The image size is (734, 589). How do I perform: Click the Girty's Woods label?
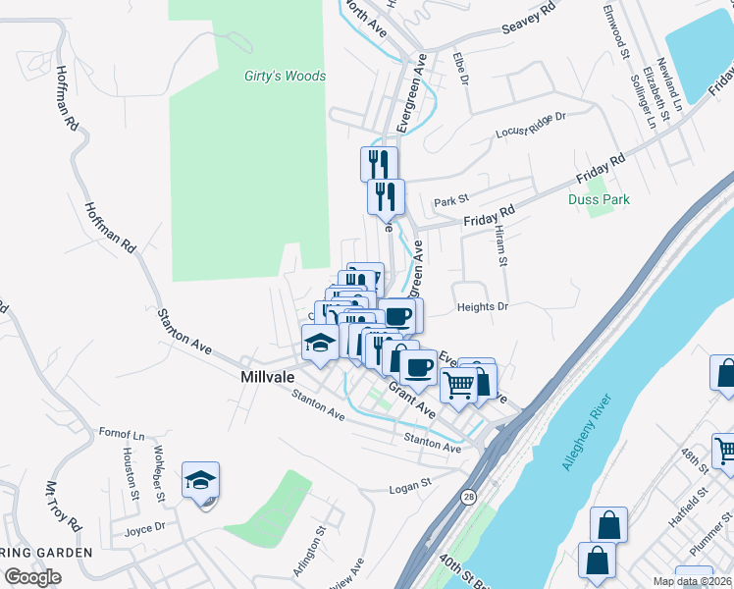[285, 76]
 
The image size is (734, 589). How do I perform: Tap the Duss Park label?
[599, 199]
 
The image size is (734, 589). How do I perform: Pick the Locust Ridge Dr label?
[532, 125]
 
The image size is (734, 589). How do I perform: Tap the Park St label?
[451, 201]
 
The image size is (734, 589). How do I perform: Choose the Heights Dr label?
[482, 307]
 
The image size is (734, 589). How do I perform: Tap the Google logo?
[32, 577]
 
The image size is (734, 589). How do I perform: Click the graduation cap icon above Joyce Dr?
[200, 481]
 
